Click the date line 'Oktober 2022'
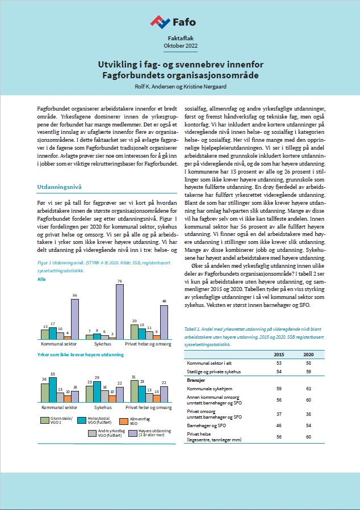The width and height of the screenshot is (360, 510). (x=179, y=45)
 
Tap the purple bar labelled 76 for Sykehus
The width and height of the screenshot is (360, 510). (x=120, y=311)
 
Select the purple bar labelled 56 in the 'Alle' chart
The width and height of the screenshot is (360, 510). (x=75, y=317)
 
